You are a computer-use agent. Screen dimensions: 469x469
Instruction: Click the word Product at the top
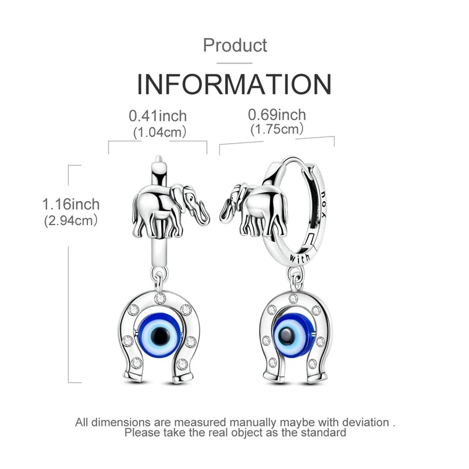(x=235, y=46)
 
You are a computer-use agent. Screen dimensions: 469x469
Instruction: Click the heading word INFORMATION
(x=234, y=84)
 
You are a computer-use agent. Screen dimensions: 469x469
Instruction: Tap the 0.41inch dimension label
(x=158, y=116)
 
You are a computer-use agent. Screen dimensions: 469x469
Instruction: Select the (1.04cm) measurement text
(x=159, y=132)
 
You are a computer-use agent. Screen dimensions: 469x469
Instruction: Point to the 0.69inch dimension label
(x=277, y=115)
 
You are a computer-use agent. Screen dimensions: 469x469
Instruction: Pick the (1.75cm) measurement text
(x=277, y=130)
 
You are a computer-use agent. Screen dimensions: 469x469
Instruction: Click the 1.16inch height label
(x=71, y=205)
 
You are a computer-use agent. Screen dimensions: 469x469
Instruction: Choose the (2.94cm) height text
(x=71, y=221)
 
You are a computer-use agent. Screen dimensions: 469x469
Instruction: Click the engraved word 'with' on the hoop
(x=300, y=258)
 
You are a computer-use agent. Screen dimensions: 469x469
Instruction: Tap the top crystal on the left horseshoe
(x=160, y=298)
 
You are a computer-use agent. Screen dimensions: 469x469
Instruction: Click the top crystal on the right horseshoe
(x=293, y=298)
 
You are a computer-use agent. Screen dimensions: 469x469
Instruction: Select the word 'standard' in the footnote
(x=324, y=433)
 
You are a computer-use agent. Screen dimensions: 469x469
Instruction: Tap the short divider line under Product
(x=234, y=63)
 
